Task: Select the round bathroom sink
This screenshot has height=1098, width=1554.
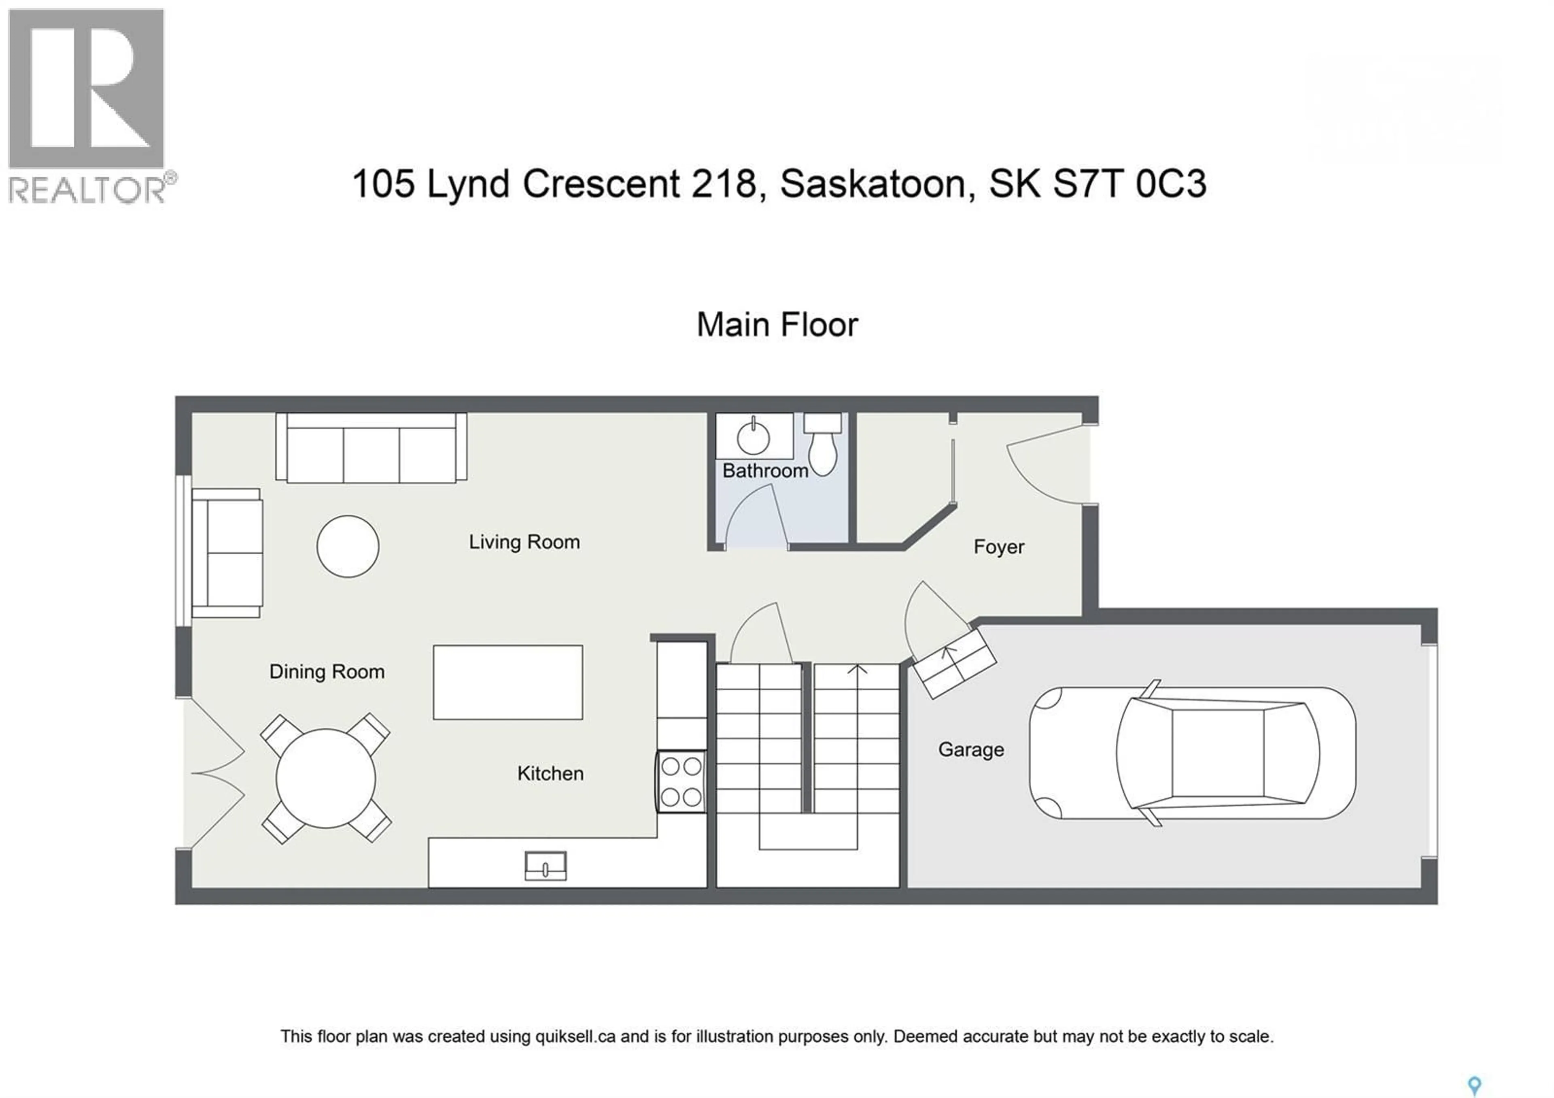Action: [753, 438]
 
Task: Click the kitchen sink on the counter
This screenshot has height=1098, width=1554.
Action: [546, 866]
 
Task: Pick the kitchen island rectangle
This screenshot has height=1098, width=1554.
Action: [507, 682]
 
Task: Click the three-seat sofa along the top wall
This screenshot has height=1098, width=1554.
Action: [371, 448]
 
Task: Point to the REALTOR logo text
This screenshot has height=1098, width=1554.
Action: [87, 189]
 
